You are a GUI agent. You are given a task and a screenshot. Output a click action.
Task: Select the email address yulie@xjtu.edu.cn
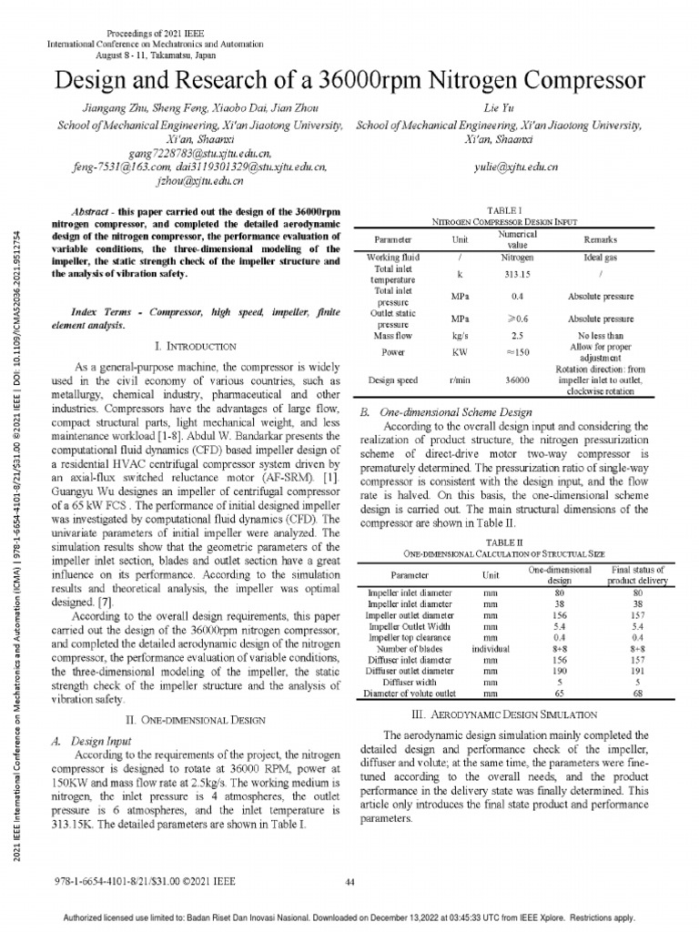[x=516, y=167]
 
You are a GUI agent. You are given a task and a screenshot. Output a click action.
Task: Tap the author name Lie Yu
[x=501, y=107]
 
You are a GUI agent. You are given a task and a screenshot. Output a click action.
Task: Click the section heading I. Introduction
[x=197, y=346]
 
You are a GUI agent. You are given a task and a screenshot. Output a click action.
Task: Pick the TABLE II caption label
[x=503, y=542]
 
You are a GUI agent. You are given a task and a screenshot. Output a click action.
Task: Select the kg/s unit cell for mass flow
[x=460, y=336]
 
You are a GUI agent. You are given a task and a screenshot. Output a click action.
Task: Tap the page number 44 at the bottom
[x=350, y=881]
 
